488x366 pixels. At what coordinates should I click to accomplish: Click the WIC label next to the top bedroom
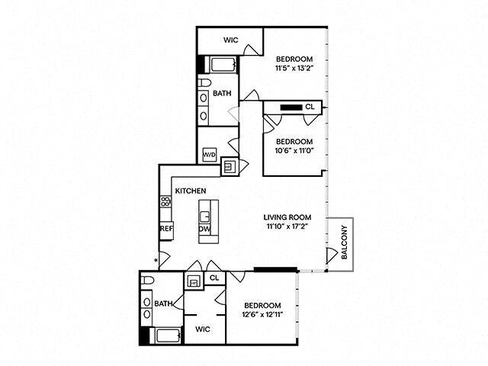[232, 40]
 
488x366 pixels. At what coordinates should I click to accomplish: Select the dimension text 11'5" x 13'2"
[294, 68]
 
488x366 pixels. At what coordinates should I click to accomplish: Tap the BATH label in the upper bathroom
[222, 94]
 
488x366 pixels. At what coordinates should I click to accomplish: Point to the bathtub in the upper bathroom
[222, 66]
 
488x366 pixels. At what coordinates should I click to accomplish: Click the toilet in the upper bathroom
[204, 82]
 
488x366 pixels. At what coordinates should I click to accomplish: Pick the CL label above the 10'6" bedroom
[310, 108]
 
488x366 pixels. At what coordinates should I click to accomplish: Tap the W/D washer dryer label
[209, 155]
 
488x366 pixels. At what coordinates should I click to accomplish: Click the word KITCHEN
[191, 191]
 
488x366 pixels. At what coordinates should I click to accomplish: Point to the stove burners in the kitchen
[165, 203]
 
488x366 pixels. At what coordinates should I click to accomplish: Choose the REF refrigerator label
[166, 228]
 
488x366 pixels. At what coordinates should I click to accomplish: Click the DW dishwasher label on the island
[205, 228]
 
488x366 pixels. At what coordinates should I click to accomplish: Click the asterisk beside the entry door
[156, 262]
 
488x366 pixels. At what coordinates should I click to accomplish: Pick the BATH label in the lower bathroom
[164, 303]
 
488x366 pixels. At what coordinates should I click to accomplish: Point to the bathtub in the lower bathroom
[165, 335]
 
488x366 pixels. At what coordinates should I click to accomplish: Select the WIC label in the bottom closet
[203, 329]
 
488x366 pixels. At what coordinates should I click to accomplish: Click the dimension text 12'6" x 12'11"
[262, 313]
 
